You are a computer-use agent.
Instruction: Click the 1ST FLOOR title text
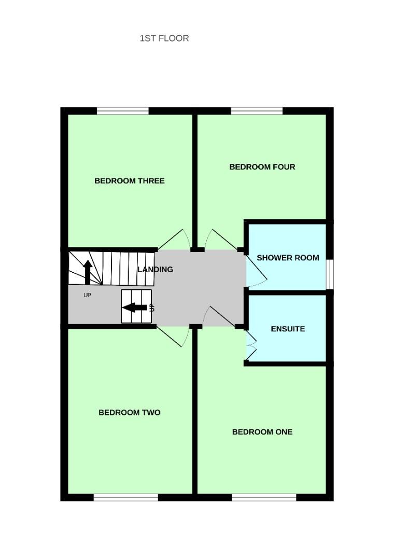click(x=164, y=38)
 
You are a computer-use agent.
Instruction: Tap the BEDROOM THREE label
click(x=129, y=181)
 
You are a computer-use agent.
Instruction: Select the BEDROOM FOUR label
click(x=262, y=167)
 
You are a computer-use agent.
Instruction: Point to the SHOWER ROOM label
click(x=288, y=258)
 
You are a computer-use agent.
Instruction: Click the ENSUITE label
click(x=288, y=329)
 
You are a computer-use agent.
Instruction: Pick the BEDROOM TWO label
click(x=129, y=413)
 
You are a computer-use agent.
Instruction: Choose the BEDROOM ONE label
click(x=262, y=432)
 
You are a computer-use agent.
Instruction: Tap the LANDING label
click(x=155, y=269)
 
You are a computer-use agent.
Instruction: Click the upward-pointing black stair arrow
click(x=88, y=271)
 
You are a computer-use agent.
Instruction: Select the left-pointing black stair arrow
click(x=135, y=307)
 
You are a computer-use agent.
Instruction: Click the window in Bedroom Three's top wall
click(x=122, y=111)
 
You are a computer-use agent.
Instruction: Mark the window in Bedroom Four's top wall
click(x=257, y=111)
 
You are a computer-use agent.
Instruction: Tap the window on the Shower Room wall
click(x=330, y=273)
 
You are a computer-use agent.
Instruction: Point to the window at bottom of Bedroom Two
click(x=126, y=497)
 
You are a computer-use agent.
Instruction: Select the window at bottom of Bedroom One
click(x=264, y=497)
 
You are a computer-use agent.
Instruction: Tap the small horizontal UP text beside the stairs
click(x=87, y=295)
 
